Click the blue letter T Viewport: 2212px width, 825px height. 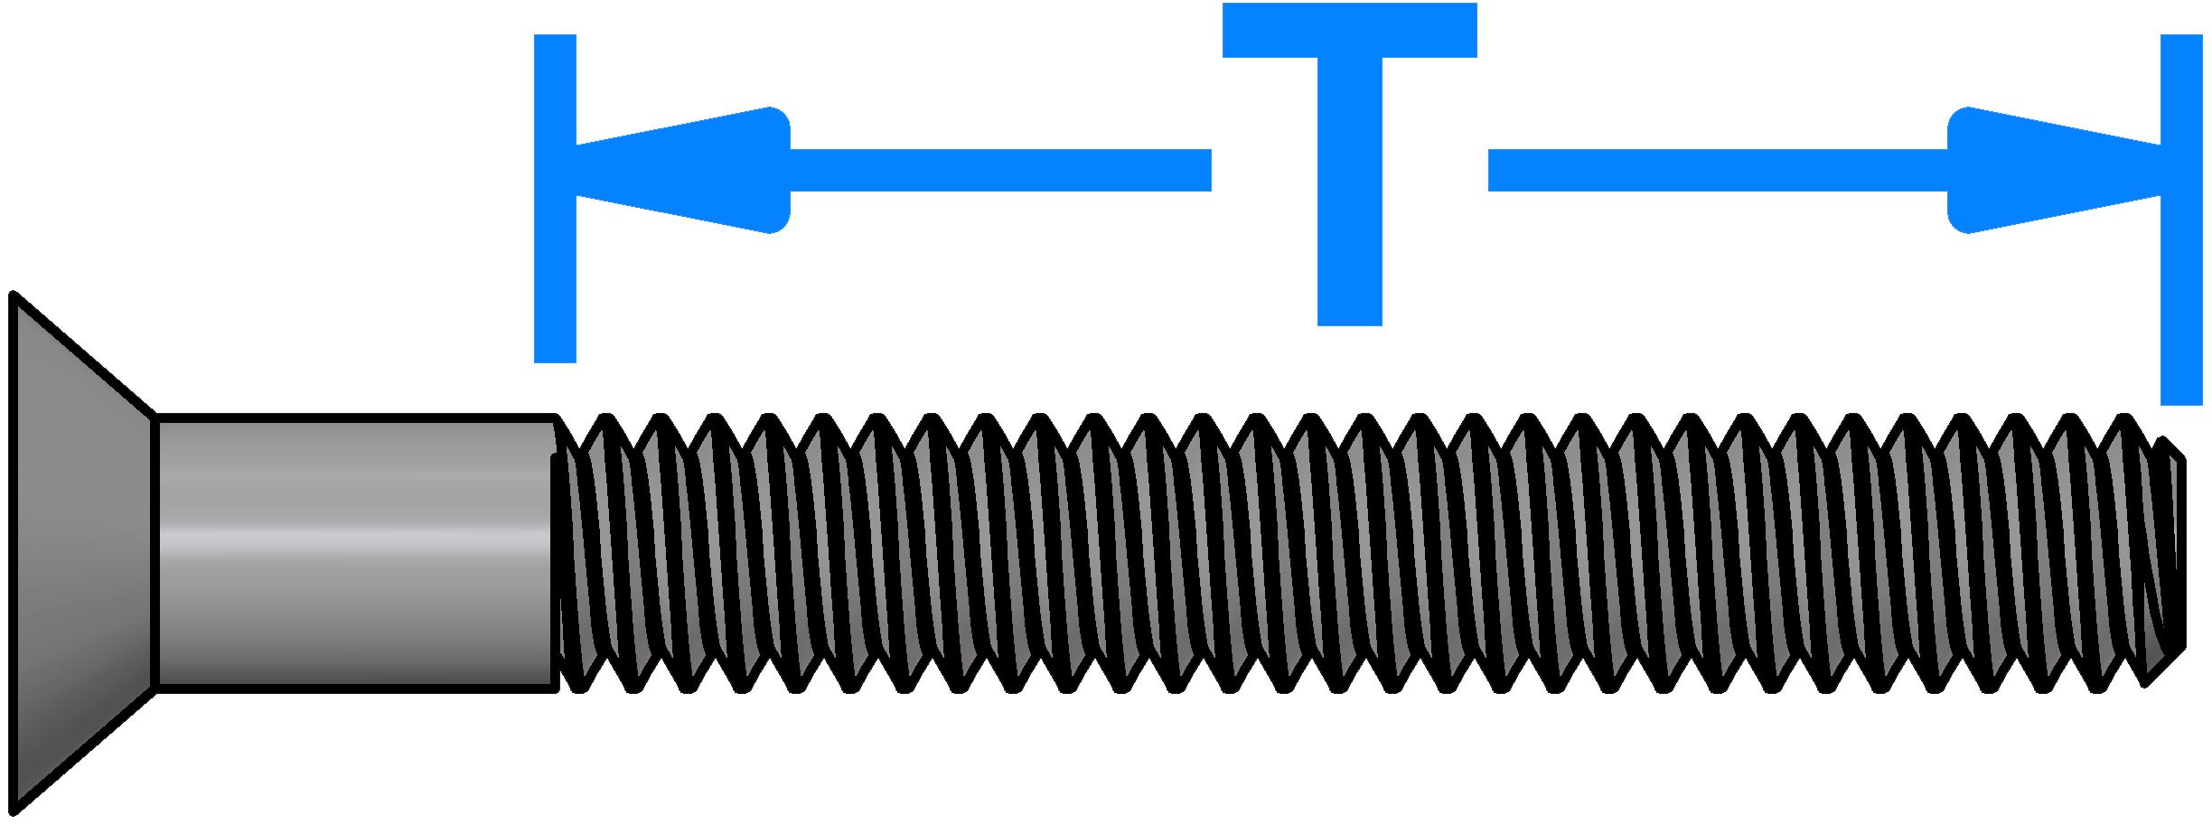[1349, 164]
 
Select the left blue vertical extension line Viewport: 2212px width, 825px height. [555, 199]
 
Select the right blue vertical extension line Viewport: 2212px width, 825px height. [2181, 220]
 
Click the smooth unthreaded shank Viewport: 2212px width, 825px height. [356, 554]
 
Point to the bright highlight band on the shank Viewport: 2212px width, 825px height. [356, 539]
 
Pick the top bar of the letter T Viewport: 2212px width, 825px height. [1349, 30]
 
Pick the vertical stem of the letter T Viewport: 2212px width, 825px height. [1349, 192]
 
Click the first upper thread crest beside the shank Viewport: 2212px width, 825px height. [607, 418]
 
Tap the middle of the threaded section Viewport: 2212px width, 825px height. [1369, 554]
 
